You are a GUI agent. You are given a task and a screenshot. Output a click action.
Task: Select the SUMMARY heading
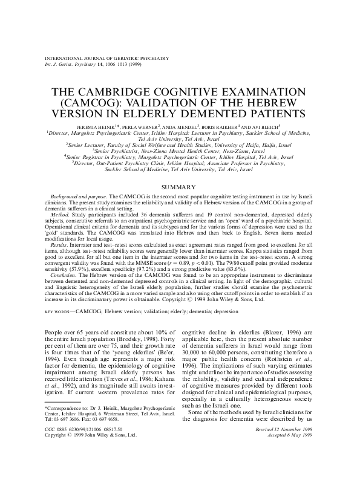[180, 187]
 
